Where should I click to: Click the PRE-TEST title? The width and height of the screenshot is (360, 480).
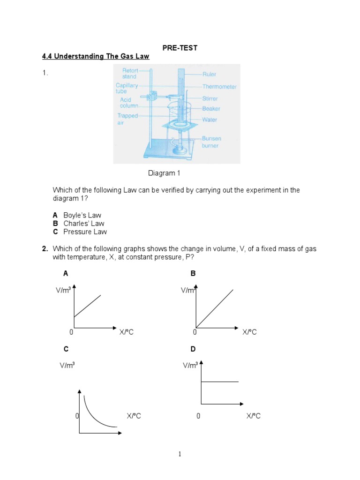click(x=180, y=48)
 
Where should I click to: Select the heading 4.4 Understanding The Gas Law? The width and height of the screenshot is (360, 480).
click(x=96, y=56)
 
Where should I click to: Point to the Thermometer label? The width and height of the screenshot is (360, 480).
click(x=219, y=87)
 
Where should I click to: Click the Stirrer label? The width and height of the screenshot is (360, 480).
click(x=210, y=99)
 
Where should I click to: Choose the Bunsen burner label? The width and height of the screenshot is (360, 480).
click(x=211, y=142)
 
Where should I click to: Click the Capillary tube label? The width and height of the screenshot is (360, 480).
click(x=127, y=88)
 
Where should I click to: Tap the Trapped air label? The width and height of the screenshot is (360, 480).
click(x=127, y=120)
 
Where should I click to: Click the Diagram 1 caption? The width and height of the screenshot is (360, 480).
click(x=164, y=173)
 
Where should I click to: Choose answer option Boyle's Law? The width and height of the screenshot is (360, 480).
click(x=82, y=215)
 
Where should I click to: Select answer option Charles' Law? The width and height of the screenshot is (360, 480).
click(x=83, y=224)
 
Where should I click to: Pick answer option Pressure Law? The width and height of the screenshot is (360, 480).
click(x=85, y=232)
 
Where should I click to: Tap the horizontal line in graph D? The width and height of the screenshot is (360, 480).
click(x=219, y=382)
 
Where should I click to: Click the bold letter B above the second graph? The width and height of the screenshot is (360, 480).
click(x=193, y=273)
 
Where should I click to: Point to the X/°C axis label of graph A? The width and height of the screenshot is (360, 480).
click(x=127, y=332)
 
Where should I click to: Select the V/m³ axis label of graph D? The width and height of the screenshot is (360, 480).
click(x=190, y=366)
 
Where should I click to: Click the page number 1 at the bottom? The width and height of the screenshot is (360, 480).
click(x=180, y=454)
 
